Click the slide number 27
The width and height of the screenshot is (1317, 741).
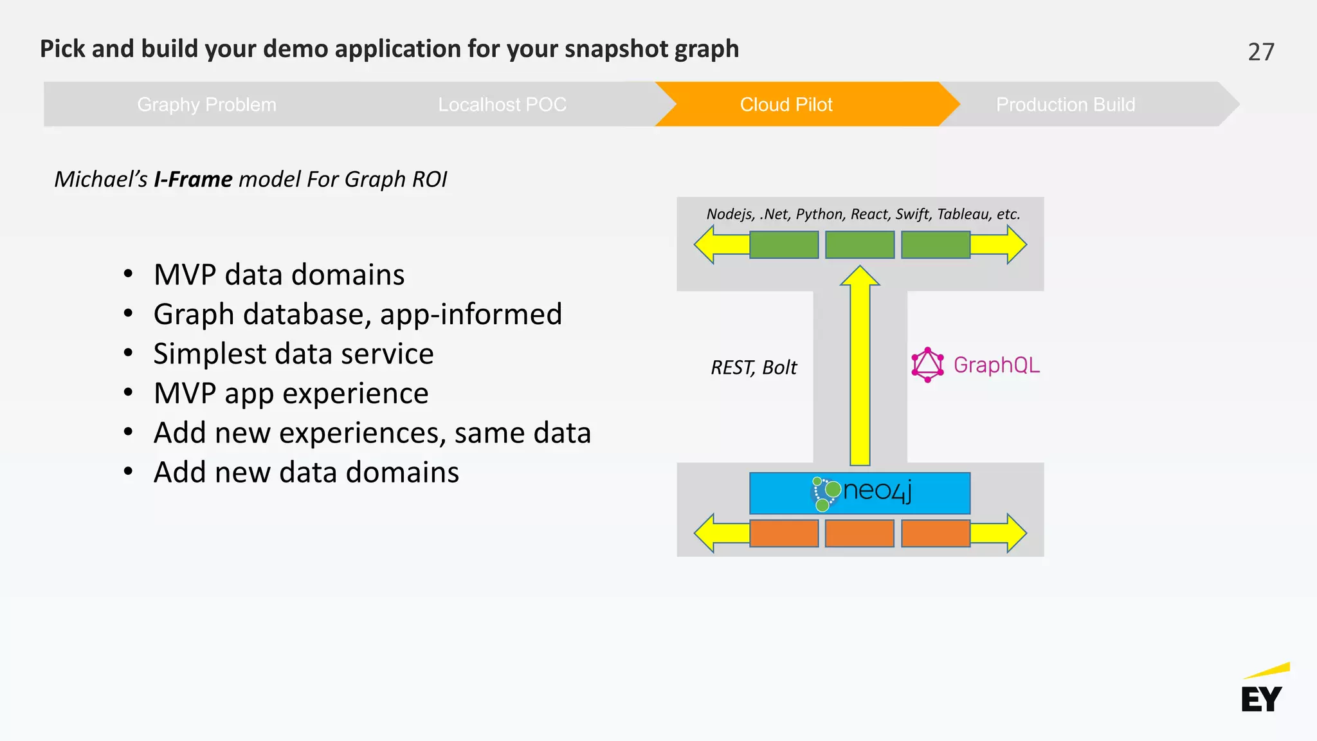1260,52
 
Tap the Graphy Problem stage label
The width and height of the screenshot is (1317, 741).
206,104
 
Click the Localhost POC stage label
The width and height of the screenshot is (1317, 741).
502,104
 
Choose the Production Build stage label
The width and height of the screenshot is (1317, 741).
1065,104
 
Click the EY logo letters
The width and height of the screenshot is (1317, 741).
1261,699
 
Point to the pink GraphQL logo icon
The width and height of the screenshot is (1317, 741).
927,365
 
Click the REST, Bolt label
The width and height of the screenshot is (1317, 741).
754,367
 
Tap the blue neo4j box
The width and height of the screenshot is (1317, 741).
859,493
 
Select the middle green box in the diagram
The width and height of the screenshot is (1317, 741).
859,245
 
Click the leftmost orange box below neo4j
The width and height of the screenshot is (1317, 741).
784,533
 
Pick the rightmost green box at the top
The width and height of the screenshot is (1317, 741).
935,245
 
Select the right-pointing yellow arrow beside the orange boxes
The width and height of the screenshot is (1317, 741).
1003,533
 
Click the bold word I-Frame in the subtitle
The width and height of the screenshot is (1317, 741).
193,179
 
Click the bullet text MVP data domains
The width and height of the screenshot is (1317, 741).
279,275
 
